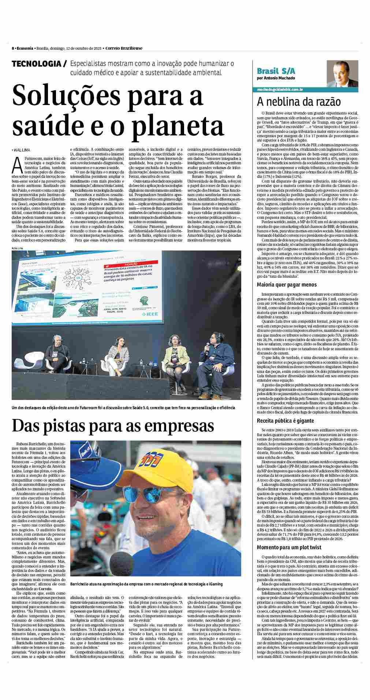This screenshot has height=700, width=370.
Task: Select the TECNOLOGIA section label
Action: pyautogui.click(x=37, y=64)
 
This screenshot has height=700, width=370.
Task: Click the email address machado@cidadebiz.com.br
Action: pyautogui.click(x=279, y=89)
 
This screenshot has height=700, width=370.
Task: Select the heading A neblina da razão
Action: pyautogui.click(x=299, y=102)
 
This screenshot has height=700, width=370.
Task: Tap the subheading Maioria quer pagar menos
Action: pyautogui.click(x=287, y=285)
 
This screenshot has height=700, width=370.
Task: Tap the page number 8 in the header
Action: pyautogui.click(x=13, y=48)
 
